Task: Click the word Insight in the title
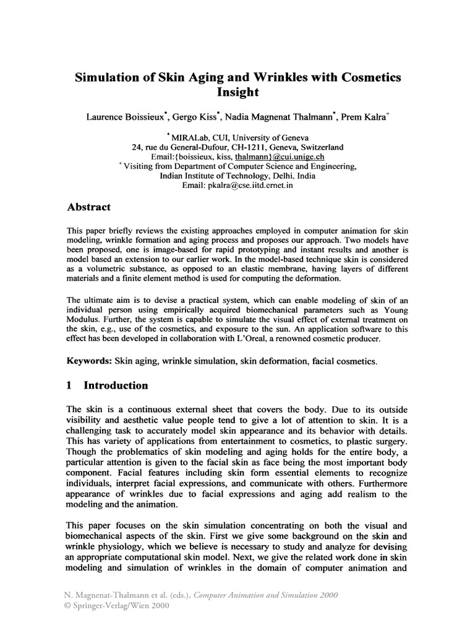(x=237, y=93)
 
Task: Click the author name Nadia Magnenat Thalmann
(x=280, y=116)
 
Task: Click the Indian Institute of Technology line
(x=237, y=176)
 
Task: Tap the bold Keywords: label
(x=88, y=360)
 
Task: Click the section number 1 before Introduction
(x=70, y=386)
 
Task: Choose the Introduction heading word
(x=116, y=386)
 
